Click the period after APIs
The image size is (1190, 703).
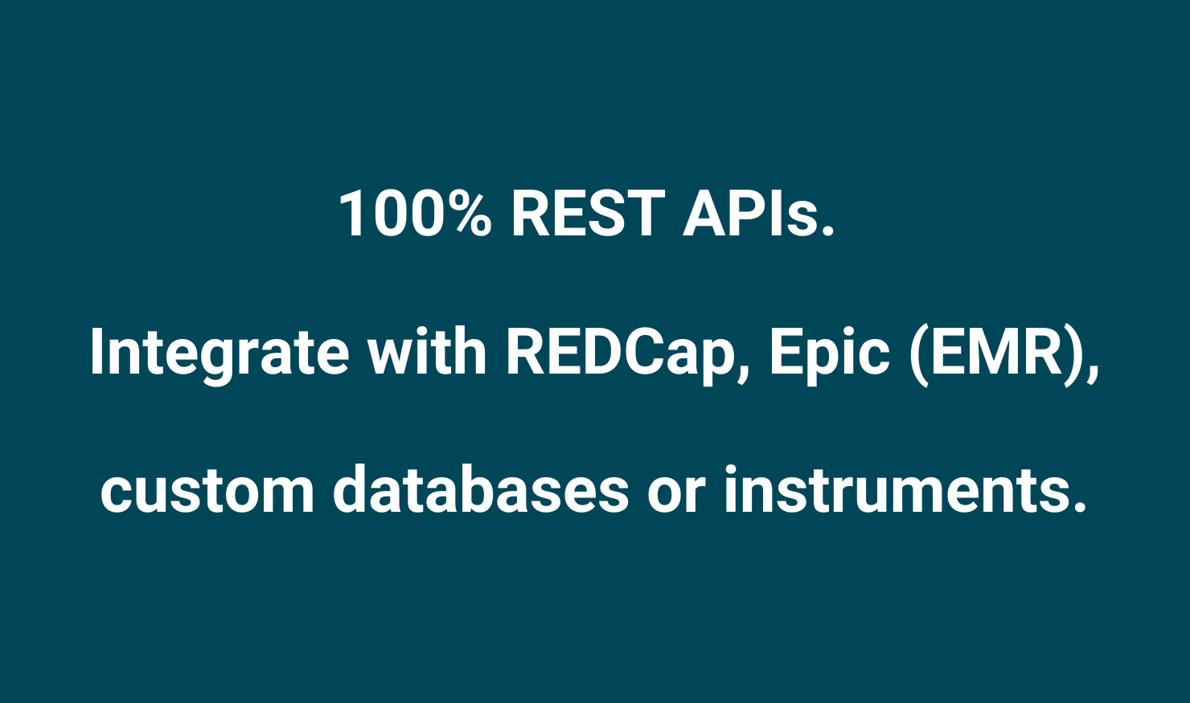click(827, 230)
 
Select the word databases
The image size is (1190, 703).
click(482, 489)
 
